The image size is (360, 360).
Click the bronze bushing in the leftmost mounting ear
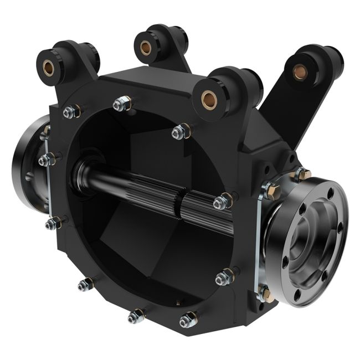click(48, 68)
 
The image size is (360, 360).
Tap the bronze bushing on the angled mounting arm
click(300, 71)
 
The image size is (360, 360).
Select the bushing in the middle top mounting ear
click(147, 45)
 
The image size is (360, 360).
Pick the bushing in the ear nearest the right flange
click(209, 99)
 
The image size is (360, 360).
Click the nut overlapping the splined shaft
click(222, 201)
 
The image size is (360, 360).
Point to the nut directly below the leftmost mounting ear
click(70, 112)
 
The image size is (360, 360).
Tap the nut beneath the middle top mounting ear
click(123, 103)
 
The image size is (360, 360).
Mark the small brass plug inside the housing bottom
click(178, 302)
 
